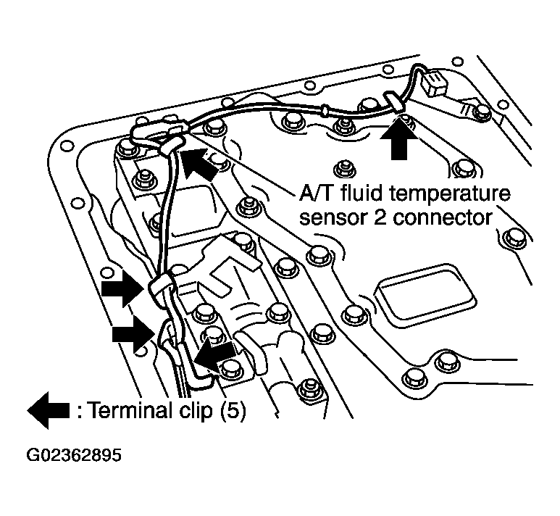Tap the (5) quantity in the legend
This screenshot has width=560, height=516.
point(231,412)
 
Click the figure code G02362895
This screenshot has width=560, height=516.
point(73,457)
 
